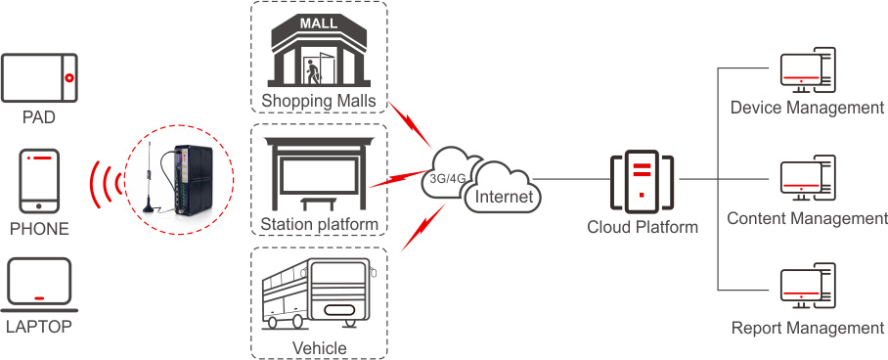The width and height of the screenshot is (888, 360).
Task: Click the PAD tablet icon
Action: pyautogui.click(x=39, y=77)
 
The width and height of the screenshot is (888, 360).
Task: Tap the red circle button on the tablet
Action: pyautogui.click(x=69, y=77)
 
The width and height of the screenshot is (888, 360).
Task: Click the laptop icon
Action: pyautogui.click(x=39, y=286)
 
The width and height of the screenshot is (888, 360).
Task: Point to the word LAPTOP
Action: pyautogui.click(x=39, y=327)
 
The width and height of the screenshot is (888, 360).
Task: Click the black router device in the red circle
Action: pyautogui.click(x=193, y=179)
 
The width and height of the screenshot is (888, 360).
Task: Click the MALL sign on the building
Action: pyautogui.click(x=318, y=23)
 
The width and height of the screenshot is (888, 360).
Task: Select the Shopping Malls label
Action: pyautogui.click(x=319, y=101)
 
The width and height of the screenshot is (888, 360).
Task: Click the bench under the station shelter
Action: pyautogui.click(x=319, y=203)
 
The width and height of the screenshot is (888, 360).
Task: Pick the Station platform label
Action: pyautogui.click(x=319, y=224)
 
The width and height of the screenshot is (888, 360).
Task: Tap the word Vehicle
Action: pyautogui.click(x=319, y=346)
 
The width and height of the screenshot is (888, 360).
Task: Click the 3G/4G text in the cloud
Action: pyautogui.click(x=445, y=179)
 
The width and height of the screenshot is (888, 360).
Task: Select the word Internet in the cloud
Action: pyautogui.click(x=504, y=197)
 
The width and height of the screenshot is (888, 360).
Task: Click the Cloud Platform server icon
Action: pyautogui.click(x=642, y=180)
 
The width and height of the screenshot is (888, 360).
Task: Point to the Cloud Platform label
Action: pyautogui.click(x=643, y=227)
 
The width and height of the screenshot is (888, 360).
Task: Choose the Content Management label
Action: pyautogui.click(x=807, y=218)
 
